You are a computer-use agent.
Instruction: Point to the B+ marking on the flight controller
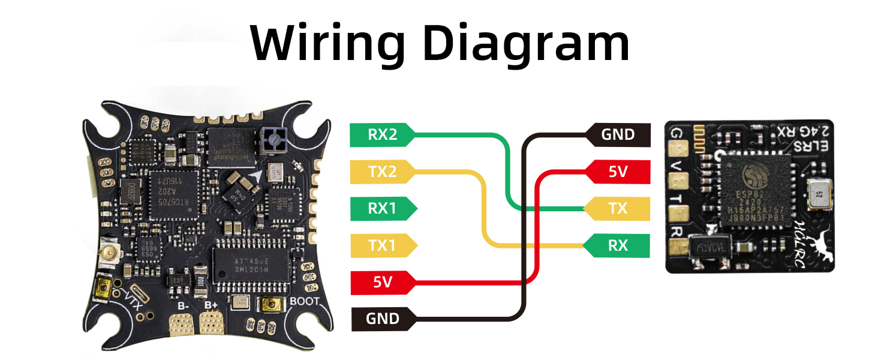pyautogui.click(x=211, y=305)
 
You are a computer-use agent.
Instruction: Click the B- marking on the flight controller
pyautogui.click(x=182, y=305)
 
